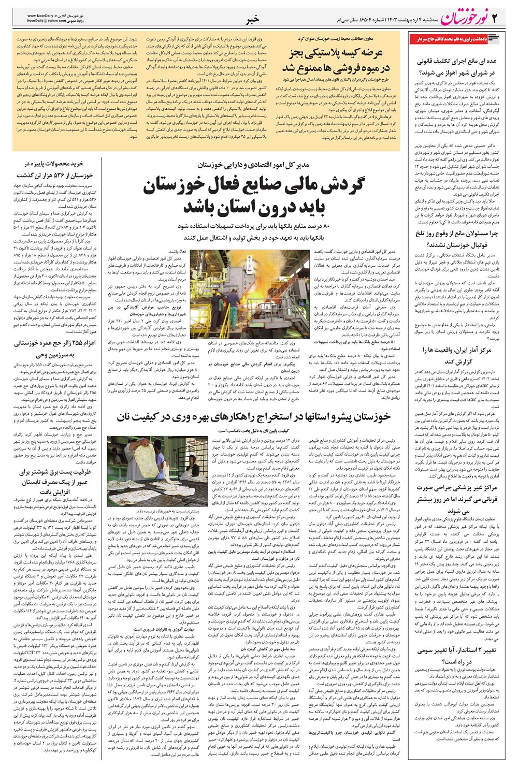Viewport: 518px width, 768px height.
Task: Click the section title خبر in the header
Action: pyautogui.click(x=252, y=19)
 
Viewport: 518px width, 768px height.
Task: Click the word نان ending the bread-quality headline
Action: pyautogui.click(x=127, y=417)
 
